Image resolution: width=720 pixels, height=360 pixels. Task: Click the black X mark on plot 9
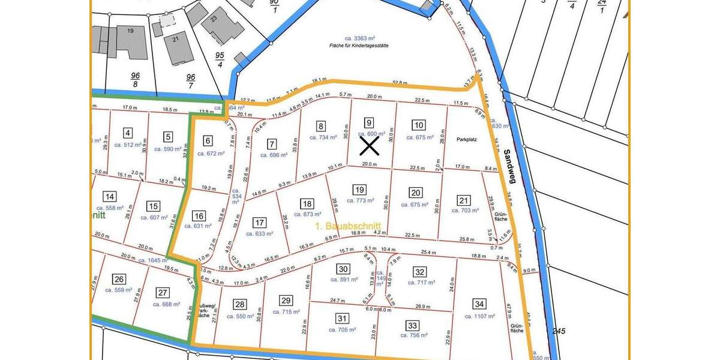point(369,146)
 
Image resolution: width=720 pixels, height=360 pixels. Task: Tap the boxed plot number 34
point(479,304)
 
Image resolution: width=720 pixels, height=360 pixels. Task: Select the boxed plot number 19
point(359,190)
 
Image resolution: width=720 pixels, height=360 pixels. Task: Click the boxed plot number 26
point(119,279)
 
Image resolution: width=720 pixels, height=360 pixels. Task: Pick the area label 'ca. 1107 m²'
point(478,316)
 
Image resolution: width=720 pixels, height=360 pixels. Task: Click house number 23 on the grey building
point(214,19)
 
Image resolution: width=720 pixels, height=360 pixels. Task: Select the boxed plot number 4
point(127,133)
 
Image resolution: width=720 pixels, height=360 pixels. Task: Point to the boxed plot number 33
point(412,325)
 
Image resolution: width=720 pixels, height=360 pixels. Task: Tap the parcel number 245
point(559,331)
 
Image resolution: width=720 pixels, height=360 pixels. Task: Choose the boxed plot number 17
point(259,223)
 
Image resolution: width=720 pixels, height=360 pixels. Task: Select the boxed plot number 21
point(463,200)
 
